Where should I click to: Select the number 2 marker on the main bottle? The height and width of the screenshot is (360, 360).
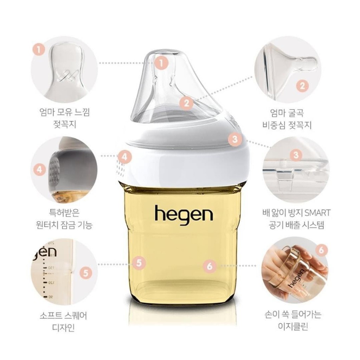(x=186, y=103)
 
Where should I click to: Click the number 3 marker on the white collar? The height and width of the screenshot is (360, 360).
(x=235, y=139)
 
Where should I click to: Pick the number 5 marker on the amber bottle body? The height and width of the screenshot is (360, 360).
(x=139, y=263)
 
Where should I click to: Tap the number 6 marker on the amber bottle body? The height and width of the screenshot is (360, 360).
(x=210, y=266)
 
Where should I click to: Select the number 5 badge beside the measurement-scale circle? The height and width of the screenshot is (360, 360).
(x=86, y=273)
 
